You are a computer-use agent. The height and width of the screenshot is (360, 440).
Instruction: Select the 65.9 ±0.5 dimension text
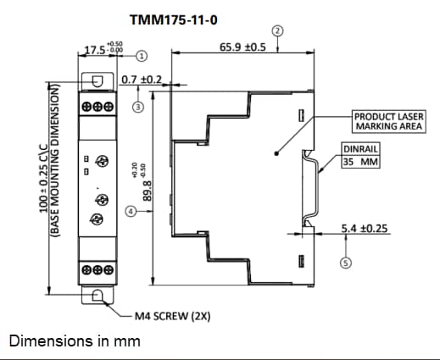click(x=242, y=47)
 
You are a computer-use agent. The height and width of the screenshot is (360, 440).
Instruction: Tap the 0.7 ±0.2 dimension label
click(x=142, y=80)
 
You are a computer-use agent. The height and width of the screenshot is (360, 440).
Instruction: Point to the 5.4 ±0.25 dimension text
click(x=365, y=229)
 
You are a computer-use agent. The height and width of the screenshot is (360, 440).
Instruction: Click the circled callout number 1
click(x=142, y=56)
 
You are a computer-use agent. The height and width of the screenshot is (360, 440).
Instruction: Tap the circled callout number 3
click(x=137, y=108)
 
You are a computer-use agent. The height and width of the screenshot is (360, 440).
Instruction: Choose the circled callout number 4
click(x=131, y=210)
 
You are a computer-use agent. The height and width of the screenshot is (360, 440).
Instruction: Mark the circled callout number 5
click(x=345, y=263)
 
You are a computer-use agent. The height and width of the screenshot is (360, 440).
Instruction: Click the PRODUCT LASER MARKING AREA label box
click(x=387, y=121)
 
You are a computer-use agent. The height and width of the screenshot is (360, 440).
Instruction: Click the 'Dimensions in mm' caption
click(x=74, y=341)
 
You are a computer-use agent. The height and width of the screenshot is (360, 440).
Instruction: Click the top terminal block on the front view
click(x=98, y=108)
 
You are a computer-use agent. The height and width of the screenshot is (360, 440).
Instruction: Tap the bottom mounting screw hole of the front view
click(x=98, y=295)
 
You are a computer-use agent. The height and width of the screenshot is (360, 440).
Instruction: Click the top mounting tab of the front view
click(x=98, y=80)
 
